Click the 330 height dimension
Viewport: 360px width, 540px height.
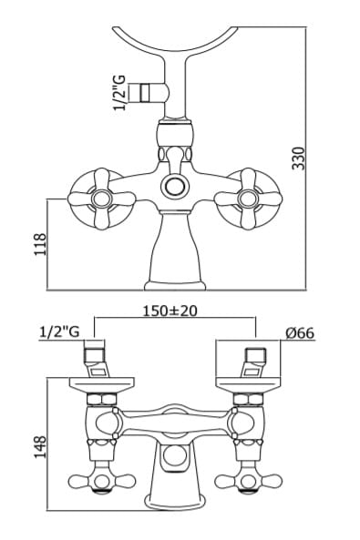pos(299,158)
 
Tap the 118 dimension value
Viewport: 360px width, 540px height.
pos(40,244)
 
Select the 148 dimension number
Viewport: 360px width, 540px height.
pos(40,447)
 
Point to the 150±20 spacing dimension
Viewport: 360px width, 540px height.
pos(170,311)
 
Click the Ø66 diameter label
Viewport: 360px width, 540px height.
pos(300,333)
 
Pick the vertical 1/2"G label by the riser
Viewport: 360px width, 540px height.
pos(121,91)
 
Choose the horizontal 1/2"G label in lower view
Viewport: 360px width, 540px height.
pos(59,332)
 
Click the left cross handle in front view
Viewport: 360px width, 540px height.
pos(102,199)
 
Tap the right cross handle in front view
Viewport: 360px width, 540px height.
pos(248,199)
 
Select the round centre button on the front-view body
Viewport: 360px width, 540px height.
pos(175,187)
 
